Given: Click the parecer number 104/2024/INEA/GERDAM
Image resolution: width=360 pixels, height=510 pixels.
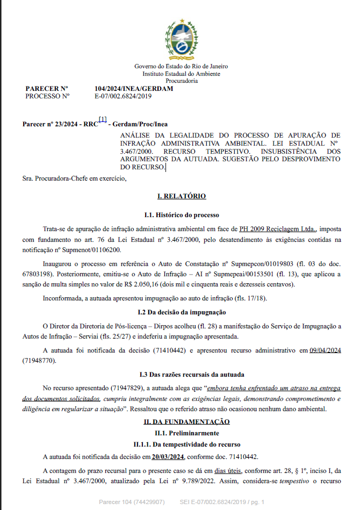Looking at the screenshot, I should click(x=133, y=89).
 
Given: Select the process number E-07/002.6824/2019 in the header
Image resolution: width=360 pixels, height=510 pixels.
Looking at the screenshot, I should click(x=123, y=96).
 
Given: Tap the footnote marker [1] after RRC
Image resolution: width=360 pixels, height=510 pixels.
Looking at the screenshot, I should click(x=103, y=119).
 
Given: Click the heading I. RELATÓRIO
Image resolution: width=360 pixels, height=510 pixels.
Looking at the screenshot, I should click(x=181, y=197).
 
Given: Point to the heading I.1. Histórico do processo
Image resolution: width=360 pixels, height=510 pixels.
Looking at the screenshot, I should click(x=181, y=215).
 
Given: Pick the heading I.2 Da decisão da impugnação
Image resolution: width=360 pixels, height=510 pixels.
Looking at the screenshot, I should click(x=181, y=312).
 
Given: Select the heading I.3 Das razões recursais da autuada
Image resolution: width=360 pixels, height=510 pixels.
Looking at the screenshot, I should click(x=181, y=374).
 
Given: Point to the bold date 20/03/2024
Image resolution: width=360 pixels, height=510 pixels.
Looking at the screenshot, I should click(x=168, y=457).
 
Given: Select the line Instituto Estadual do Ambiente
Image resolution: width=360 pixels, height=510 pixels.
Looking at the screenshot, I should click(x=181, y=74).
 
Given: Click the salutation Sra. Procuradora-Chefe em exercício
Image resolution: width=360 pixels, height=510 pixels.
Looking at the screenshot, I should click(x=75, y=178).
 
